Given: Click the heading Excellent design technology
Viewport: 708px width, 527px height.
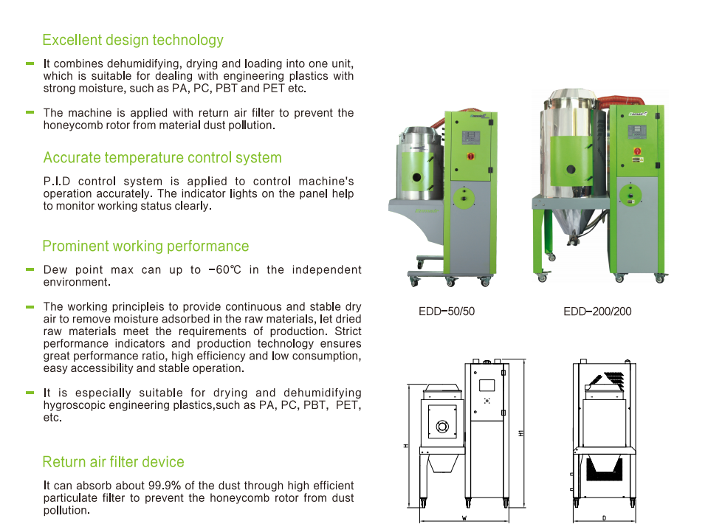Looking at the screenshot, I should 133,40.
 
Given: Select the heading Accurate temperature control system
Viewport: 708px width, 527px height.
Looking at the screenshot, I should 162,158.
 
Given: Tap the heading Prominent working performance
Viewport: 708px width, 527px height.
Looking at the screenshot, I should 145,247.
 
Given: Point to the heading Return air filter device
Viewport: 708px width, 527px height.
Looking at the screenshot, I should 113,462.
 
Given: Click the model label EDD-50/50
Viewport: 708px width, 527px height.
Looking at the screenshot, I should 447,311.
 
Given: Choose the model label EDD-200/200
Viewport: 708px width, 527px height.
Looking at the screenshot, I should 597,311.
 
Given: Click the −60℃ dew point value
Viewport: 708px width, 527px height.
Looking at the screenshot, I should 224,270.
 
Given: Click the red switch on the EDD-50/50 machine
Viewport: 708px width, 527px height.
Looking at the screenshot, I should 468,156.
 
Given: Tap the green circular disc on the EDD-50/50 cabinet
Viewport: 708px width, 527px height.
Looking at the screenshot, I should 464,195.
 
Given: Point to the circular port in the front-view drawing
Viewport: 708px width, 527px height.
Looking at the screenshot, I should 442,426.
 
